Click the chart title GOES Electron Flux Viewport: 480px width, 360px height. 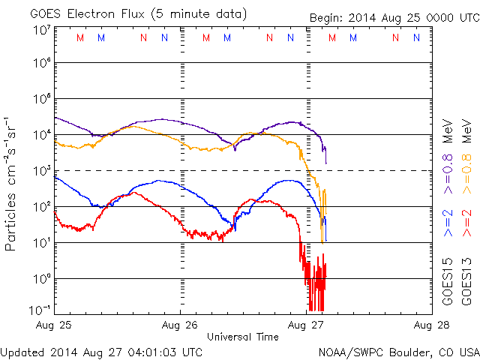[x=84, y=13]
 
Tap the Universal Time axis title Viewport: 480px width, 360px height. [x=243, y=337]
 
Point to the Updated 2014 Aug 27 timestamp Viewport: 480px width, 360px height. [x=101, y=351]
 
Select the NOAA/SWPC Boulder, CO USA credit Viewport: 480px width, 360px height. [x=398, y=351]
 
